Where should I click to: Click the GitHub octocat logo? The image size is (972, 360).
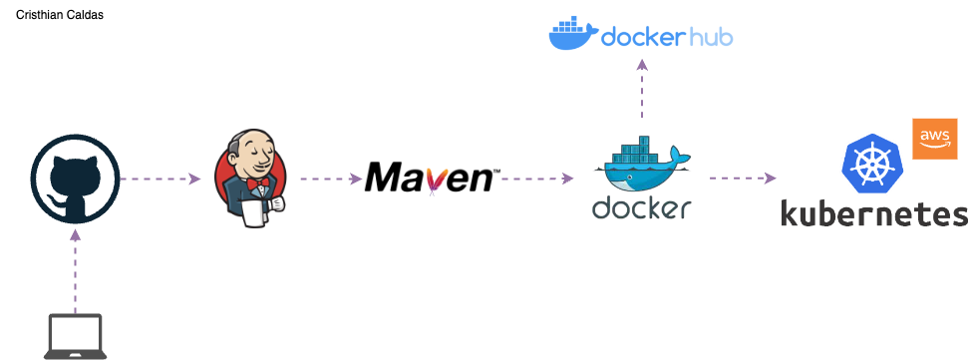[75, 180]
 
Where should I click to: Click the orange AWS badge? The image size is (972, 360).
[934, 138]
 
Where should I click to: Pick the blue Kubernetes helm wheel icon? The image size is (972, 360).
[872, 165]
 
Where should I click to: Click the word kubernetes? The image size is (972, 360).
[873, 214]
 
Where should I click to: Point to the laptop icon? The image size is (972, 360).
[76, 336]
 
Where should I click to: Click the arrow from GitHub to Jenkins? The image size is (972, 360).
[161, 180]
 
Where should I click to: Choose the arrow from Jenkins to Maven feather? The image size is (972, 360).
[330, 180]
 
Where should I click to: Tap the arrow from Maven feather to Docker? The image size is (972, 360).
[537, 180]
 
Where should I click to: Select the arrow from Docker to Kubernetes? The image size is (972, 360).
[743, 179]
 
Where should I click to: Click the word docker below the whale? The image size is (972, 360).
[642, 207]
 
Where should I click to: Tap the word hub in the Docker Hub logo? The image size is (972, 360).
[710, 37]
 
